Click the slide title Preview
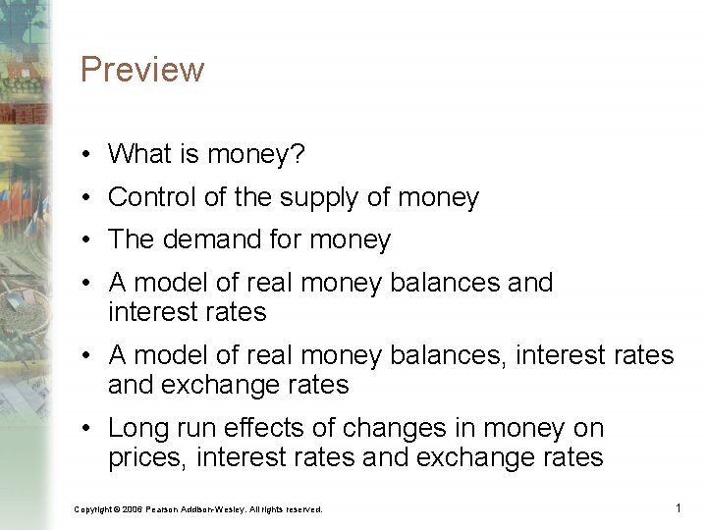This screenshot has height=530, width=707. [x=142, y=70]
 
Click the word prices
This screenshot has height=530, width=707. [x=144, y=458]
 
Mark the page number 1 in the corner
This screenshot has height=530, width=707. [x=678, y=507]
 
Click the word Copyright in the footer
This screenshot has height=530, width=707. [x=95, y=509]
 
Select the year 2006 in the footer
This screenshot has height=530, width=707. [x=131, y=509]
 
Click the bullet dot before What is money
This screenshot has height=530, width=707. [x=87, y=155]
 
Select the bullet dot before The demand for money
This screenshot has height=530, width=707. [x=87, y=240]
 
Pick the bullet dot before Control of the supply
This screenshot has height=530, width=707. [x=87, y=198]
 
